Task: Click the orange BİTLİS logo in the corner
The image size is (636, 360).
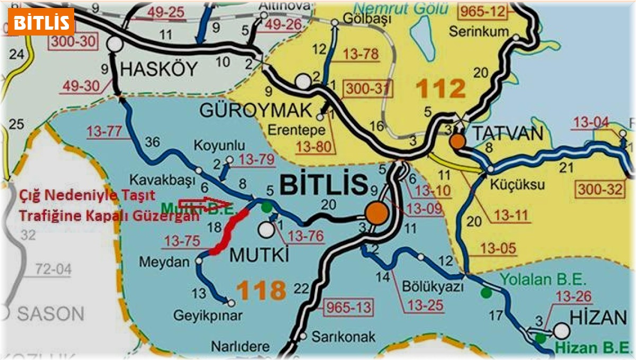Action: pos(41,22)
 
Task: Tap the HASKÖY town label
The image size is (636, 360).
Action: pos(159,68)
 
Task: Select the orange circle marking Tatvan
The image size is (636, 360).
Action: pos(457,141)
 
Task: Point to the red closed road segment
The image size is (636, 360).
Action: pos(228,233)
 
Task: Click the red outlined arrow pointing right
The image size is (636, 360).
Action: pos(204,204)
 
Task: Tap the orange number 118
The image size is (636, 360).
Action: pos(261,291)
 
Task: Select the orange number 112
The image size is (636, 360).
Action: pos(439,89)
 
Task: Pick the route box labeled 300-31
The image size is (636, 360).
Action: pos(365,91)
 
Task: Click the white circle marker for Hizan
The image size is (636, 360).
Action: pos(561,331)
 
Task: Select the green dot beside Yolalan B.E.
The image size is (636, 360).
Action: pos(485,292)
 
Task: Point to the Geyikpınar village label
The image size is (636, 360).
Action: pos(208,316)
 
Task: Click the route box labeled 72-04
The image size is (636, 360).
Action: pos(53,269)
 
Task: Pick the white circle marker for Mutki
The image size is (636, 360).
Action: pos(266,229)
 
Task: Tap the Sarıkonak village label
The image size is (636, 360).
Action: pos(343,336)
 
